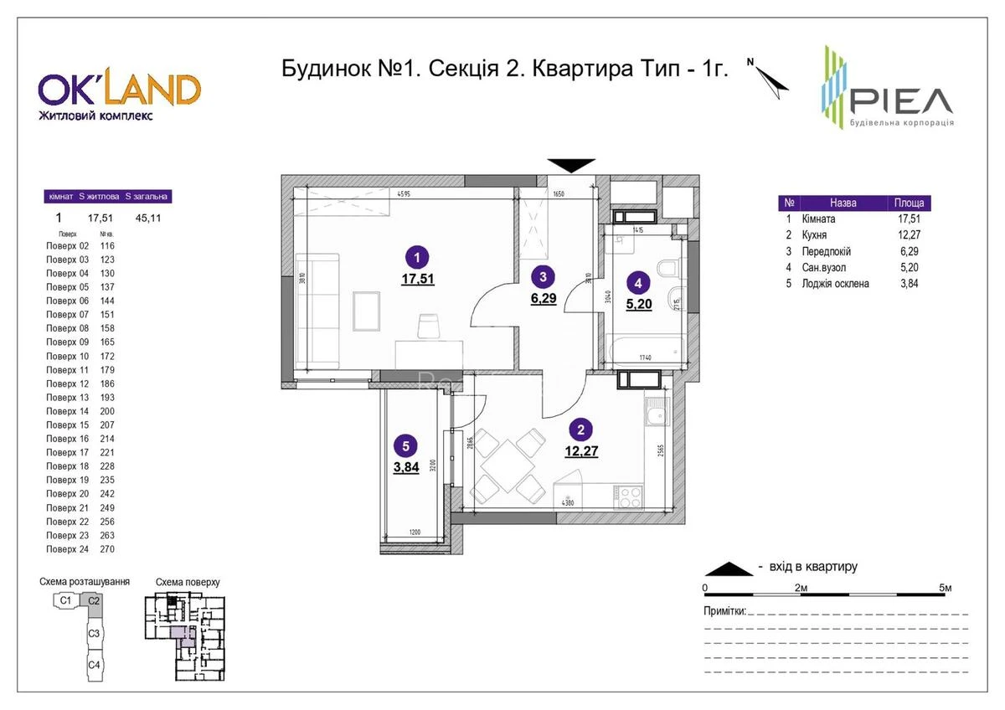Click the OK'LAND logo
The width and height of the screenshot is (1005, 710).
[118, 95]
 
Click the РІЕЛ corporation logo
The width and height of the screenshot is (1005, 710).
[886, 89]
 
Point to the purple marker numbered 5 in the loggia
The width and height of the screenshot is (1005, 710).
[405, 448]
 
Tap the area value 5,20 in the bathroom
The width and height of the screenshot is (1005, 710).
[639, 303]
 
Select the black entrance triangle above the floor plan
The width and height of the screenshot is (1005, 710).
[571, 165]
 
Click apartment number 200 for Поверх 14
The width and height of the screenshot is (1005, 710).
[106, 411]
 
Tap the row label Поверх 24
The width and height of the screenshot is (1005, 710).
[67, 549]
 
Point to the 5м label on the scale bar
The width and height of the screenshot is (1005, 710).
[946, 588]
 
